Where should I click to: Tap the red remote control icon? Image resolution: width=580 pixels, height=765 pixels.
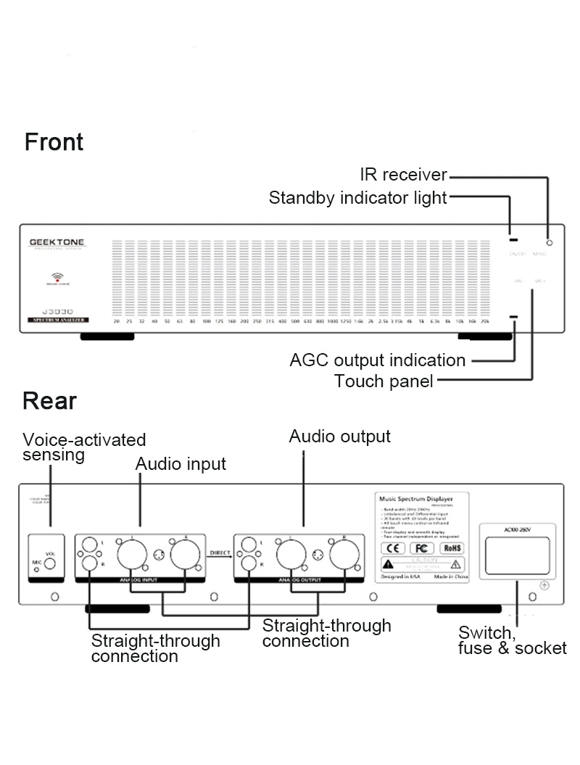58,278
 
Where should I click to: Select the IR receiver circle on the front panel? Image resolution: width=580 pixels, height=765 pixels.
550,242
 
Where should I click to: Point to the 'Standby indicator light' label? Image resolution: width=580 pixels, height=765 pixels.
357,198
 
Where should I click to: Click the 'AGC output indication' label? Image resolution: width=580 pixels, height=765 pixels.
377,360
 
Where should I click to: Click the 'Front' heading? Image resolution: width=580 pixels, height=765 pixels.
54,141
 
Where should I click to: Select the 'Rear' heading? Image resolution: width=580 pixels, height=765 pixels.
49,400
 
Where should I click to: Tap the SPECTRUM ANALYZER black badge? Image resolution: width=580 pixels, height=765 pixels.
59,320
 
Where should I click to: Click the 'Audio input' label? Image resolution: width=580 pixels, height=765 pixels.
181,463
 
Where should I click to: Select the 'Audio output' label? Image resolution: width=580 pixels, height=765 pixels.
339,436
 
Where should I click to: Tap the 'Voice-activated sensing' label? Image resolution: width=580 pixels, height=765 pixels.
84,447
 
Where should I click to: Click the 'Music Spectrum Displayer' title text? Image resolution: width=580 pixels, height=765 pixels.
415,499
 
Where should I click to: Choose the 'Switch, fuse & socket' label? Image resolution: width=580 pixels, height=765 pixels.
512,641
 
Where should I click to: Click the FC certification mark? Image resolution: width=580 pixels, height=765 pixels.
423,548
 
